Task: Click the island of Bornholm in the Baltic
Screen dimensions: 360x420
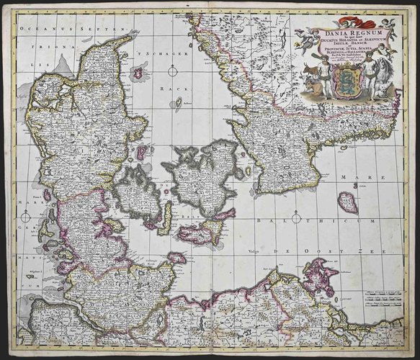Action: [347, 204]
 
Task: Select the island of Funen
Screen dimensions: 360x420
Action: [136, 191]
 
